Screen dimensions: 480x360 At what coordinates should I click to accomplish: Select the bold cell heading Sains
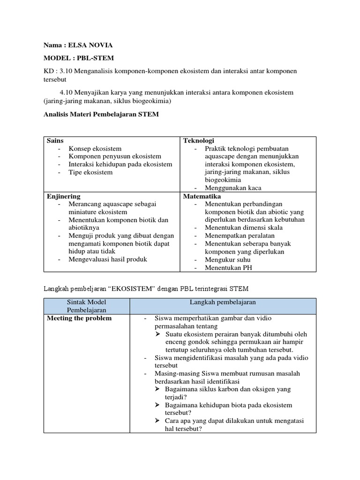tap(55, 141)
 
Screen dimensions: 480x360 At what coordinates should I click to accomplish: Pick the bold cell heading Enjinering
tap(63, 196)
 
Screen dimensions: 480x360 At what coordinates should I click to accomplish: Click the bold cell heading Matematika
tap(202, 196)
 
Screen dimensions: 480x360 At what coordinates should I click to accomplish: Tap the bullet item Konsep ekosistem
tap(95, 149)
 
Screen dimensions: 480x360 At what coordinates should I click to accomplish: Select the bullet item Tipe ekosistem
tap(91, 172)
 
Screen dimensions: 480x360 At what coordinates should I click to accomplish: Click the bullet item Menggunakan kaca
tap(233, 188)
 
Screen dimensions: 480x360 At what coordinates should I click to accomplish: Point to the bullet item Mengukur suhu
tap(227, 260)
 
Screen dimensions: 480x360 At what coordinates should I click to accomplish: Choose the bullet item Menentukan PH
tap(228, 268)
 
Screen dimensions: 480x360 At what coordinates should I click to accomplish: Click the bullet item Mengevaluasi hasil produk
tap(108, 259)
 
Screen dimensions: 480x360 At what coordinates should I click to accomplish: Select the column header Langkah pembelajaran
tap(223, 302)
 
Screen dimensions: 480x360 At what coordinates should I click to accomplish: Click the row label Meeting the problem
tap(79, 318)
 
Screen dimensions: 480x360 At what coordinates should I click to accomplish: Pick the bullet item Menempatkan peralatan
tap(240, 236)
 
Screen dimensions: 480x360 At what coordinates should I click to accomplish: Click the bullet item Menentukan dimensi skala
tap(244, 228)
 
